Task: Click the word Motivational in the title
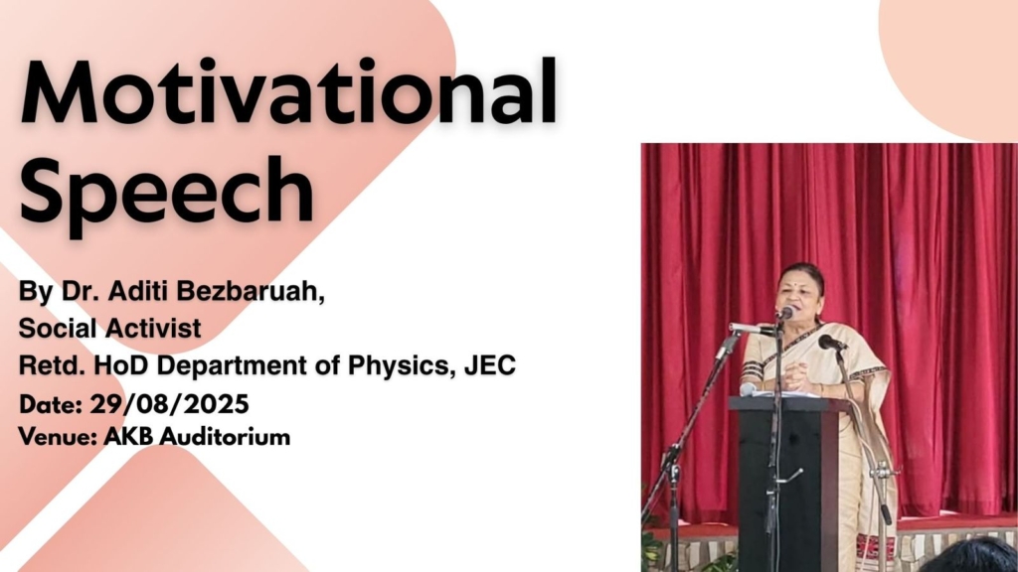tap(289, 91)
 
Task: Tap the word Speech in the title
tap(167, 190)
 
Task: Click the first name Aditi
tap(137, 292)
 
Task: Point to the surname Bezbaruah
tap(251, 293)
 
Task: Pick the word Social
tap(58, 328)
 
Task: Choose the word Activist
tap(154, 328)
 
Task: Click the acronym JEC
tap(489, 365)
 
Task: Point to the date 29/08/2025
tap(169, 405)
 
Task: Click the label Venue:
tap(57, 437)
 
